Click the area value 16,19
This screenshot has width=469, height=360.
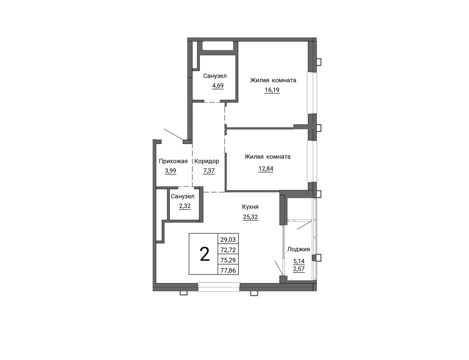click(x=272, y=90)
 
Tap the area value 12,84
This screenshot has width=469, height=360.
click(x=266, y=169)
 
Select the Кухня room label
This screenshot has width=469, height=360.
click(x=250, y=207)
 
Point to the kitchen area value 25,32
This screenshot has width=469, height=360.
click(x=251, y=217)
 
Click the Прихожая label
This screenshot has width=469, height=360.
click(x=173, y=161)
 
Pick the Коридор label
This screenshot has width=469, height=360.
click(x=206, y=161)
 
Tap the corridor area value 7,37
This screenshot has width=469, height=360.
click(x=209, y=171)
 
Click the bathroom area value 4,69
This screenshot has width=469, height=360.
click(x=218, y=86)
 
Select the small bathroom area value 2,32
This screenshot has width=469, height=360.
click(x=185, y=206)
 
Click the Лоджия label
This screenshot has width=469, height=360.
click(x=299, y=250)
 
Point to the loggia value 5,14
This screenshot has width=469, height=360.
click(x=299, y=261)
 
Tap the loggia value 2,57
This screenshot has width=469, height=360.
click(x=299, y=269)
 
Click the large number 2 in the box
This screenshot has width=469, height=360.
click(x=205, y=254)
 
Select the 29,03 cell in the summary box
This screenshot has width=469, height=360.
click(x=228, y=239)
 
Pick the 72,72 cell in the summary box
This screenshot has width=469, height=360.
click(x=228, y=250)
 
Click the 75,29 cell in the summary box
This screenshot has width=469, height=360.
click(x=228, y=260)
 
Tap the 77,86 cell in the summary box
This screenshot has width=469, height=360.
click(x=228, y=270)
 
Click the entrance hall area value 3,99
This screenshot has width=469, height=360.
click(x=170, y=171)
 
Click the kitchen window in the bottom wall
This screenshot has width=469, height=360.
click(x=219, y=287)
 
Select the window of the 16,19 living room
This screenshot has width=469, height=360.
click(x=312, y=93)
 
